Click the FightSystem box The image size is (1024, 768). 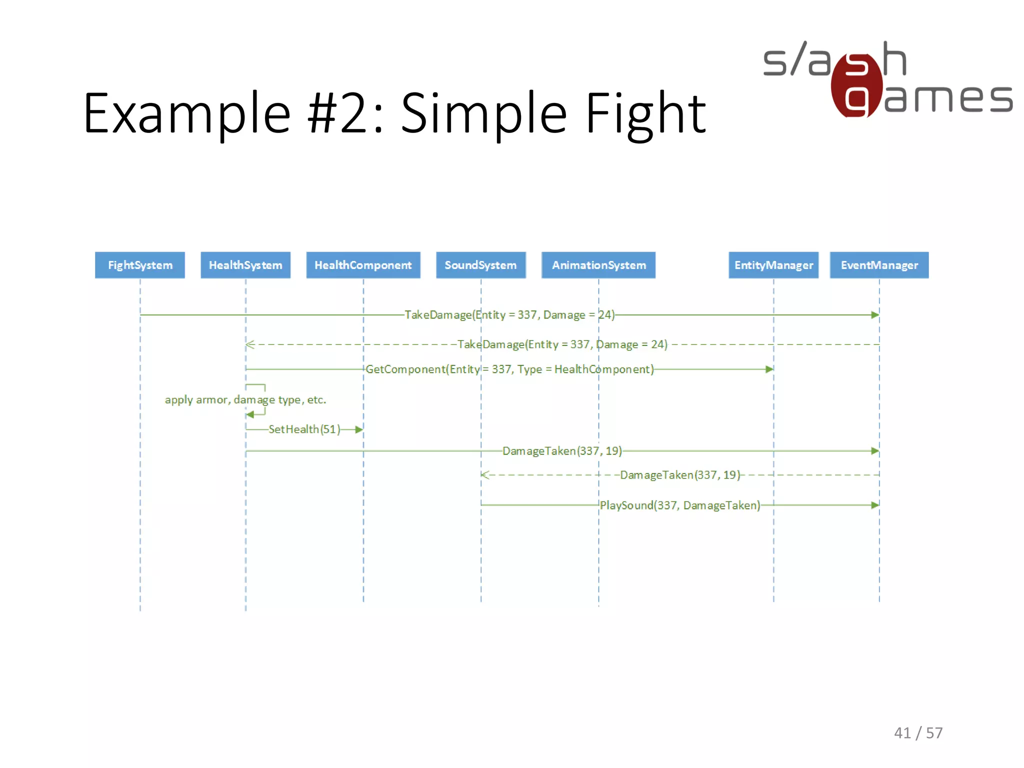tap(140, 265)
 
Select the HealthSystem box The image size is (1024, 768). tap(245, 265)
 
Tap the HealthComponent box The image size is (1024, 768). tap(363, 265)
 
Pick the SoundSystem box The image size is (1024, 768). tap(480, 265)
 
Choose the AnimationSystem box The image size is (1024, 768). tap(598, 265)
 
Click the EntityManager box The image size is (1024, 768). tap(773, 265)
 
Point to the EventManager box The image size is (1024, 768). tap(879, 265)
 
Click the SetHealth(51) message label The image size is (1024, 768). tap(304, 429)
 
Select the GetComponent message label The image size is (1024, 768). tap(509, 369)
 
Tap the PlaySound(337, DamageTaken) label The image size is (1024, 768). tap(679, 505)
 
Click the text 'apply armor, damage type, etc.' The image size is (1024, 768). tap(245, 400)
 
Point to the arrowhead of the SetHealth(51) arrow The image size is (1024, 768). tap(359, 429)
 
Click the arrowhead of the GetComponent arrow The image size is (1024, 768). tap(769, 369)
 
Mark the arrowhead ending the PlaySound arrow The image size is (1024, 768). tap(874, 505)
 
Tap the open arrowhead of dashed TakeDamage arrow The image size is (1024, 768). tap(250, 344)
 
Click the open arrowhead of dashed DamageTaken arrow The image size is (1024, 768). tap(485, 475)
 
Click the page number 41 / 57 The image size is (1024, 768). tap(918, 733)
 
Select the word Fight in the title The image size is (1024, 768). tap(645, 114)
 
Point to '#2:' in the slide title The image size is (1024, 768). tap(345, 114)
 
